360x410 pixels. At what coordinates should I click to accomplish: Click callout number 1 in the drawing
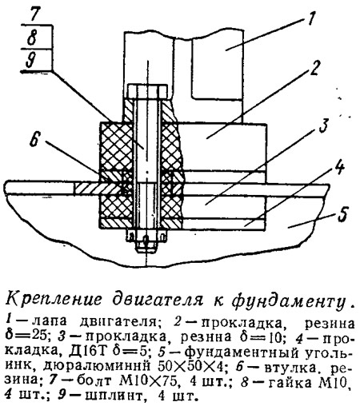(x=311, y=18)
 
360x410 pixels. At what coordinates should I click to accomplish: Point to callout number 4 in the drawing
(x=338, y=169)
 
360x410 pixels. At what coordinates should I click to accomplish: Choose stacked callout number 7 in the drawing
(x=34, y=15)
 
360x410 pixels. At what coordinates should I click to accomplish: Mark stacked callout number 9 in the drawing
(x=31, y=60)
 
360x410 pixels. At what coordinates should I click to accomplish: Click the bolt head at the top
(x=148, y=91)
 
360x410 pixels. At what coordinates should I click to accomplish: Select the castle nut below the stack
(x=146, y=235)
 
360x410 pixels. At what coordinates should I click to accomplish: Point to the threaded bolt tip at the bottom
(x=146, y=247)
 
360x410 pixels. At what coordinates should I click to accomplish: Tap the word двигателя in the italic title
(x=157, y=300)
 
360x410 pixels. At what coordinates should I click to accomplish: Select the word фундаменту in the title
(x=286, y=301)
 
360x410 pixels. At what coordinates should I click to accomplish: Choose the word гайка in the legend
(x=290, y=383)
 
